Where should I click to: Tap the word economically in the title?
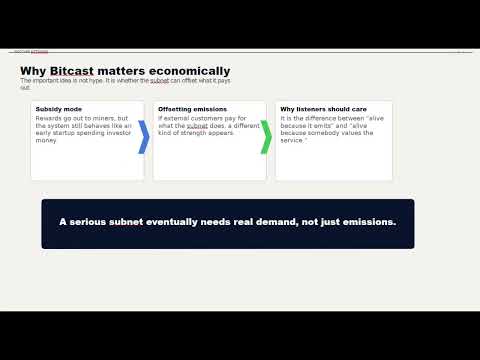pyautogui.click(x=186, y=71)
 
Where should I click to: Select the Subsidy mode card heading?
pyautogui.click(x=58, y=108)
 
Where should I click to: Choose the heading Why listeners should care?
pyautogui.click(x=314, y=108)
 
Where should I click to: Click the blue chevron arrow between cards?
pyautogui.click(x=144, y=137)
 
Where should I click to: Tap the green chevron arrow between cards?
pyautogui.click(x=266, y=137)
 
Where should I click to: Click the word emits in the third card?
pyautogui.click(x=307, y=126)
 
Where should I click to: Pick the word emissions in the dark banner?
pyautogui.click(x=367, y=221)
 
